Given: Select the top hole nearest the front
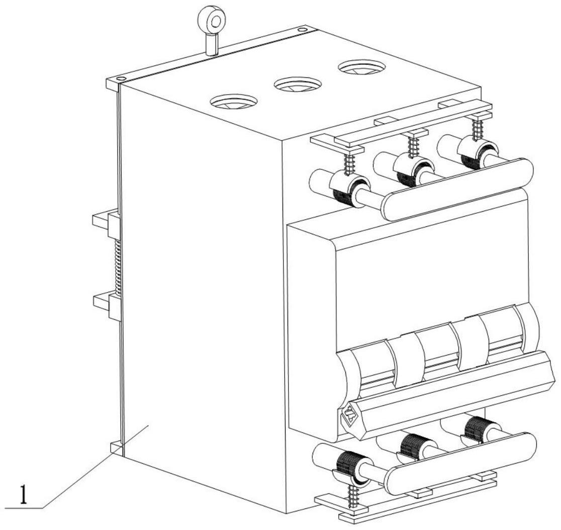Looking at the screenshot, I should [x=234, y=102].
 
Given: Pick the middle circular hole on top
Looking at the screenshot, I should [x=298, y=84].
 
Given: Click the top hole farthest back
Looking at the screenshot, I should [x=361, y=67].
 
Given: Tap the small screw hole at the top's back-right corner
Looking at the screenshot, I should [x=301, y=30].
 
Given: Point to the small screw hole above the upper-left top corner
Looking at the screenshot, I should [x=120, y=79].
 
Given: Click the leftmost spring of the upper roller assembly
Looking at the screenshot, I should [x=348, y=163].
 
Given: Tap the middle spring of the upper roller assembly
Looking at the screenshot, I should [x=413, y=145].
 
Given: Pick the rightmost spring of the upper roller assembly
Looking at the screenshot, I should [x=476, y=129].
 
